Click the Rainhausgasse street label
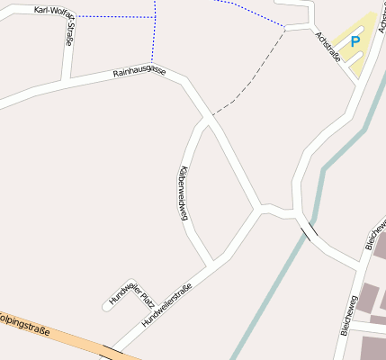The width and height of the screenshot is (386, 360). click(139, 72)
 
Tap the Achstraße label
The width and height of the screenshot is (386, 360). click(328, 47)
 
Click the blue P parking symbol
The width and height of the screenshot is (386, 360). click(355, 40)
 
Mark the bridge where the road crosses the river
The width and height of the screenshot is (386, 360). click(309, 231)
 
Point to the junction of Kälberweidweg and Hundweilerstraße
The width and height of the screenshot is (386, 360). click(213, 264)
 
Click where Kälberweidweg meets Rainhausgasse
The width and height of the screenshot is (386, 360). click(208, 118)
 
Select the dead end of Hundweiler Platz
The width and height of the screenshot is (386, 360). click(107, 306)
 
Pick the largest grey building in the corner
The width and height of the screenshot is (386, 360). click(373, 348)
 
